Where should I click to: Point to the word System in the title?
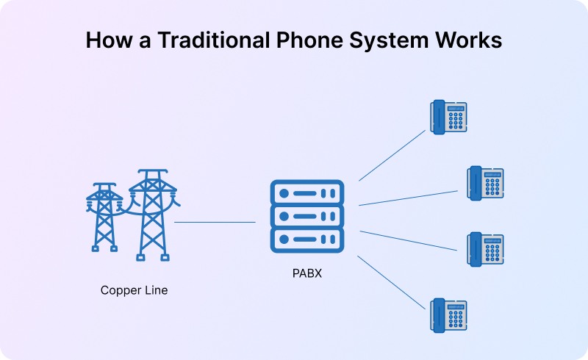click(x=390, y=40)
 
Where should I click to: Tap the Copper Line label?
click(x=134, y=290)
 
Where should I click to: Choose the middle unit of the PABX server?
click(x=307, y=216)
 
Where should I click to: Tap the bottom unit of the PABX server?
click(x=307, y=239)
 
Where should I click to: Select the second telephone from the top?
click(x=486, y=183)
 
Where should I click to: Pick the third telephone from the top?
click(x=486, y=249)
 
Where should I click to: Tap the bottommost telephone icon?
click(x=448, y=314)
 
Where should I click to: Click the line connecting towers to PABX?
click(x=215, y=221)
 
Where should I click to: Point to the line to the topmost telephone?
click(x=392, y=156)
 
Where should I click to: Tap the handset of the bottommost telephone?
click(x=437, y=315)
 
